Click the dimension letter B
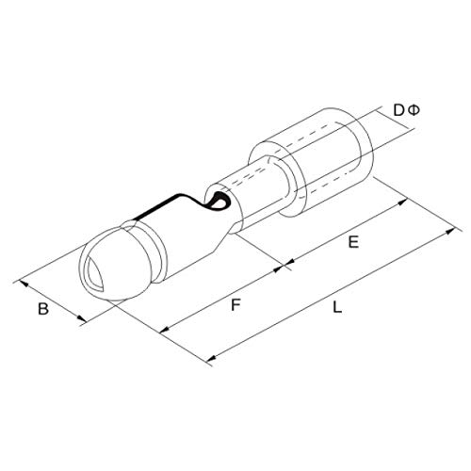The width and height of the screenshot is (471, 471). tap(43, 308)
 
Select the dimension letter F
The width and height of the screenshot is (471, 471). tap(235, 305)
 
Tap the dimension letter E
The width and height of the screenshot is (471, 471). tap(353, 242)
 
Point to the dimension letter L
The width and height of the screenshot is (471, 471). tap(337, 307)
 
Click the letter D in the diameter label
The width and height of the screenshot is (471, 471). tap(398, 110)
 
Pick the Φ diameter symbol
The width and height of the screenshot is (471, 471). tap(414, 110)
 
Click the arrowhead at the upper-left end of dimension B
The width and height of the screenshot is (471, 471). tap(24, 284)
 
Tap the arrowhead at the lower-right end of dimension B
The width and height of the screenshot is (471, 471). tap(81, 318)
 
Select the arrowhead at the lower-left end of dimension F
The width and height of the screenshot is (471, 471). tap(165, 330)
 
